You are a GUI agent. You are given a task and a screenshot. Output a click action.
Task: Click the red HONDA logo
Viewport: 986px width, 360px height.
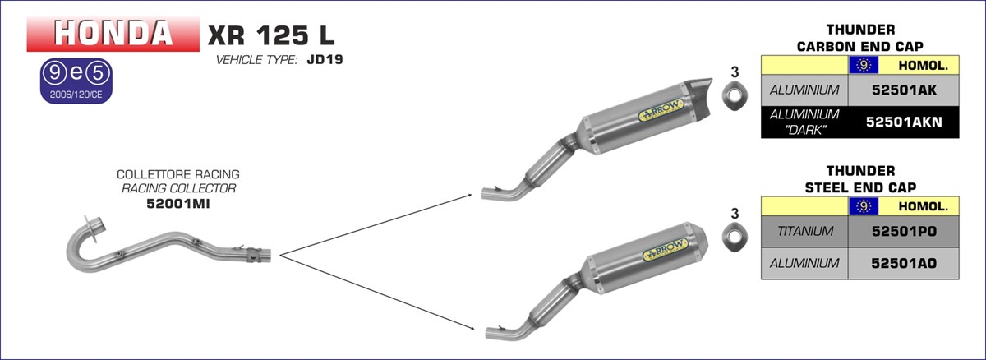coord(113,34)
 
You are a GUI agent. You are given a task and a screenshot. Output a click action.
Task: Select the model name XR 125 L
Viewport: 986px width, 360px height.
coord(271,35)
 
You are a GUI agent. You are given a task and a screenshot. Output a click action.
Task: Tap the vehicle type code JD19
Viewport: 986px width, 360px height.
coord(325,59)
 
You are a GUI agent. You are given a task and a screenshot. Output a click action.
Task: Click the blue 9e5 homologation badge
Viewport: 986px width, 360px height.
coord(76,81)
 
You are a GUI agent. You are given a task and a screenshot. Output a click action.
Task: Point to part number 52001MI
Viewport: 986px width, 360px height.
coord(177,204)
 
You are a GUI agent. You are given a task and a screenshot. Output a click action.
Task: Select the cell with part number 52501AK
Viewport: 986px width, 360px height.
coord(904,90)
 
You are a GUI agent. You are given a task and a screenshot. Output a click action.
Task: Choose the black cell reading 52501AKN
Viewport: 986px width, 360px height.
coord(904,122)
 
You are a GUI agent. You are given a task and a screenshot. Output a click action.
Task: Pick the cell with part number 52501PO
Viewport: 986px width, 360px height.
coord(904,232)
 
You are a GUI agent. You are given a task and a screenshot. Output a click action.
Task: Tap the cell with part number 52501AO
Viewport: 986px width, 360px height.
coord(904,263)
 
